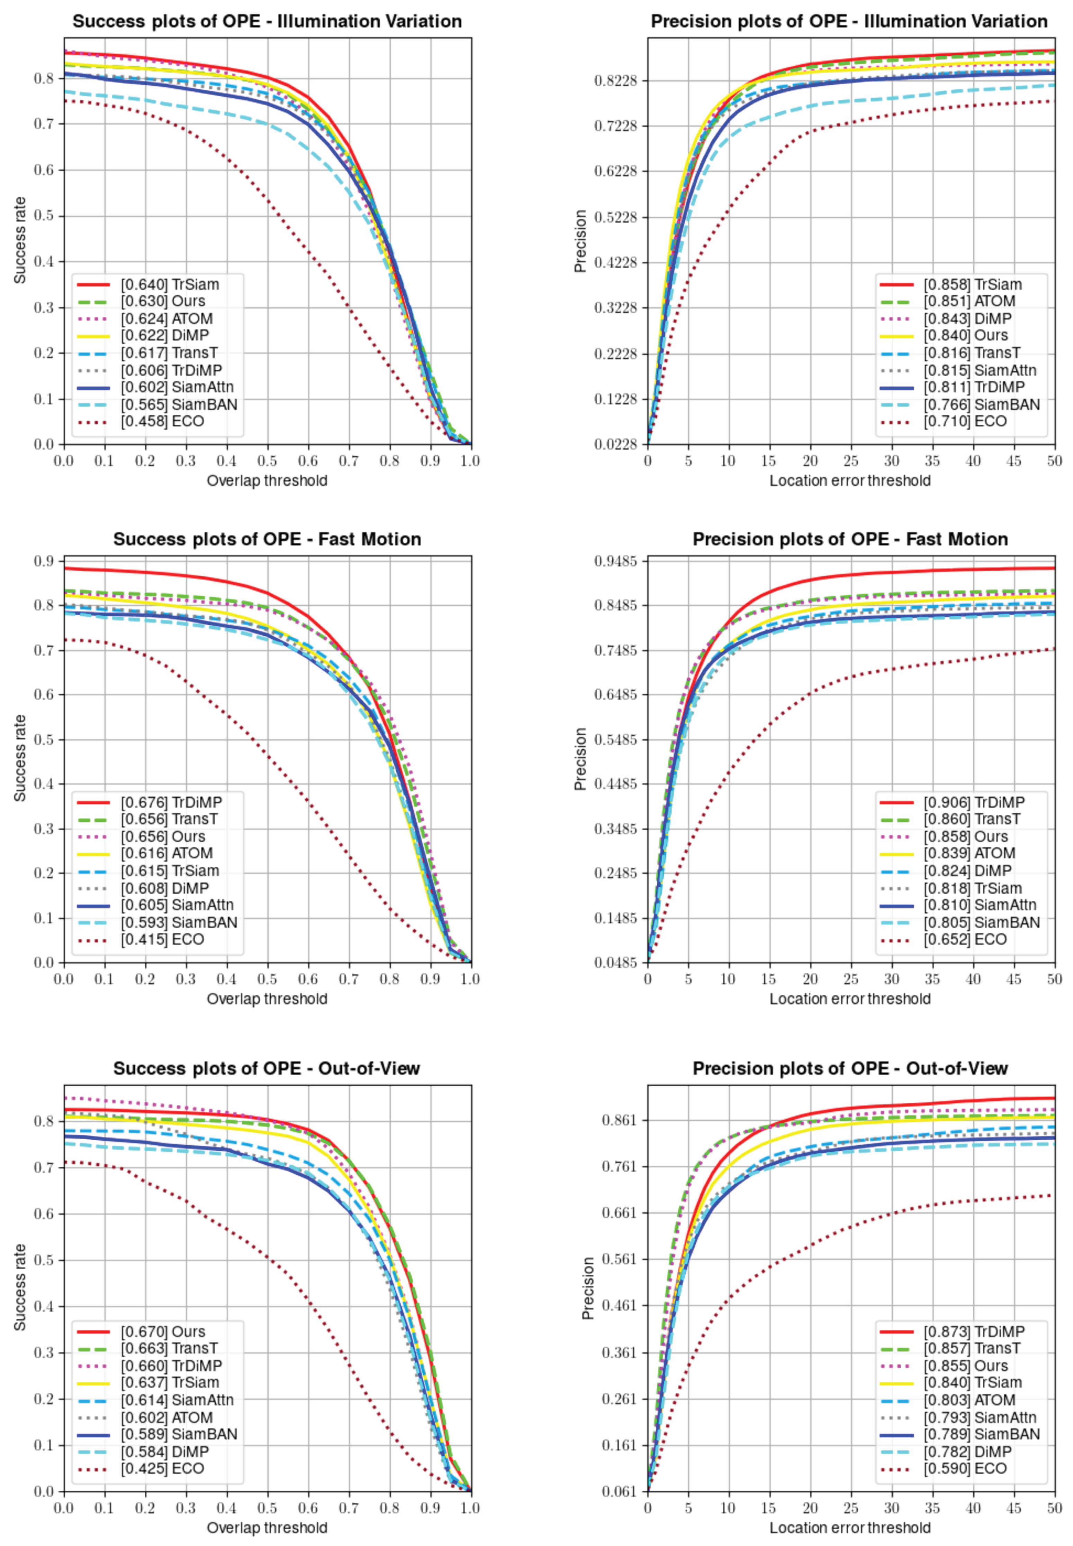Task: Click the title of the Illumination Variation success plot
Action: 267,21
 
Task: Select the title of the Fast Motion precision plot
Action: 850,539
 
